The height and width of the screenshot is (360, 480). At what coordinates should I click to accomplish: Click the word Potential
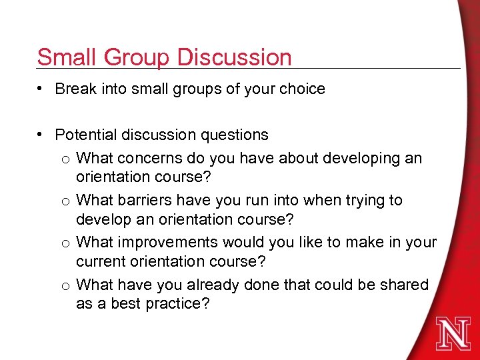(86, 135)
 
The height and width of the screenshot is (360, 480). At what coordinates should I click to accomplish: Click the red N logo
(453, 334)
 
